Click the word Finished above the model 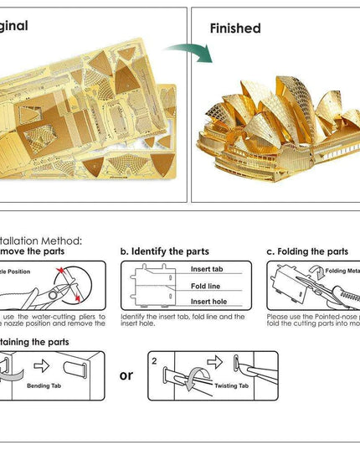(234, 28)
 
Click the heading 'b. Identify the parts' (164, 251)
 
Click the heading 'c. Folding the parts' (306, 251)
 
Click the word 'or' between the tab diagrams (126, 375)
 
